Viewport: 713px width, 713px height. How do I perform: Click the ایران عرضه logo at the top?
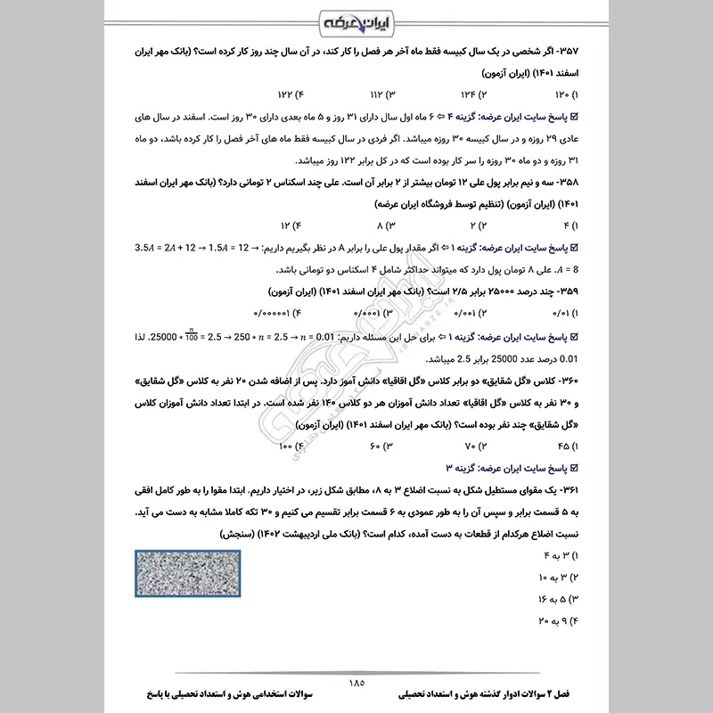356,20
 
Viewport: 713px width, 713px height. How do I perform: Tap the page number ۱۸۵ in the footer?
356,683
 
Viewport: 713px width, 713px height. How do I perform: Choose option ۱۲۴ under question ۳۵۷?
471,94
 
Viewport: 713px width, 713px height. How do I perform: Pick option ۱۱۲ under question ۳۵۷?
381,94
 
